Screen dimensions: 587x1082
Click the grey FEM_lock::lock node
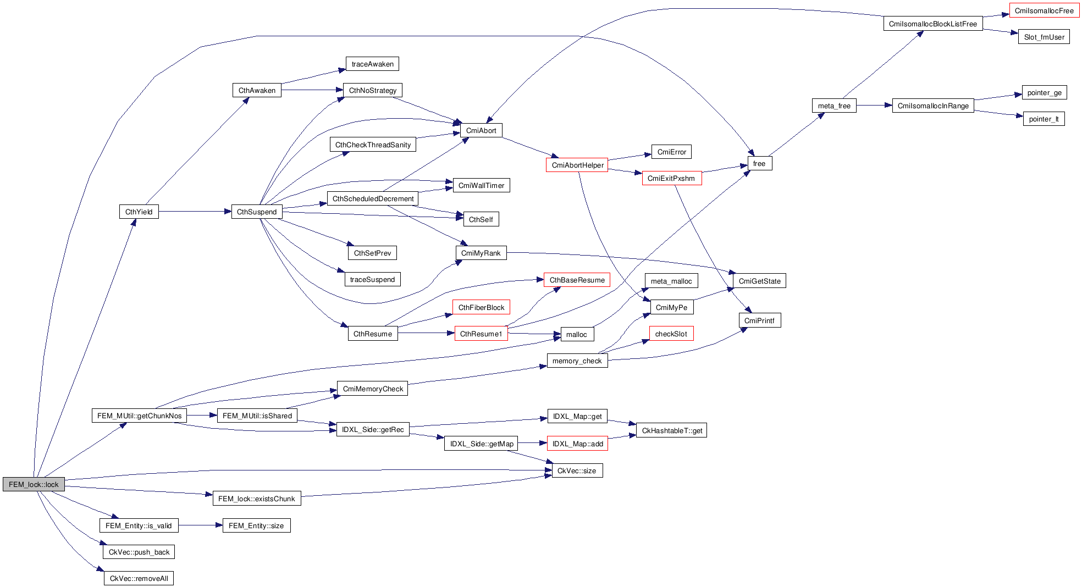click(x=34, y=484)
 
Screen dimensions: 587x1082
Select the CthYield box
click(x=139, y=212)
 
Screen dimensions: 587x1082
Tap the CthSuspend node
click(x=257, y=212)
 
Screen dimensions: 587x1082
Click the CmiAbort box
click(x=481, y=130)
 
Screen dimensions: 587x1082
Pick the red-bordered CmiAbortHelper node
click(x=577, y=165)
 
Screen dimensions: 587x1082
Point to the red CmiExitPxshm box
click(x=671, y=178)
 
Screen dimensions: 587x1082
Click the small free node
click(x=759, y=163)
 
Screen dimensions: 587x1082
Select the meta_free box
click(x=834, y=106)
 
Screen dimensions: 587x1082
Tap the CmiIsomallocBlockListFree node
click(x=933, y=24)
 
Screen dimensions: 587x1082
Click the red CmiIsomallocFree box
click(x=1044, y=10)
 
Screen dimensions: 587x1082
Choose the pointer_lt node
click(x=1044, y=119)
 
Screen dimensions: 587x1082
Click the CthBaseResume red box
click(x=577, y=280)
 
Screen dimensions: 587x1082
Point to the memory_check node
click(x=577, y=361)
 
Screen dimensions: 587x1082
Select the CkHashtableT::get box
click(x=672, y=430)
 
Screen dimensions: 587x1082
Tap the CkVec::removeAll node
click(x=139, y=578)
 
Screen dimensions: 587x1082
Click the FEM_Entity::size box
click(x=256, y=525)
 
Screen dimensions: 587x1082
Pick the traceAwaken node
click(x=372, y=64)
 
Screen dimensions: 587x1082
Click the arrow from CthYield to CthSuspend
click(x=195, y=212)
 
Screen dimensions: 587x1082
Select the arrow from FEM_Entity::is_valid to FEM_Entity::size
click(x=200, y=525)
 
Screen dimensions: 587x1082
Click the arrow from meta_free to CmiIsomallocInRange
click(x=874, y=106)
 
